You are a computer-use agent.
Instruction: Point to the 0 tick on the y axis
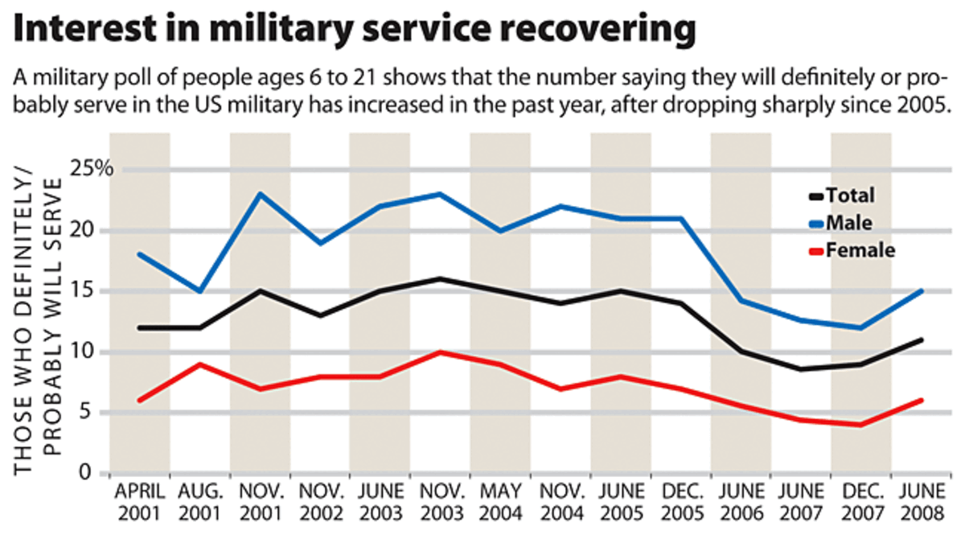coord(105,474)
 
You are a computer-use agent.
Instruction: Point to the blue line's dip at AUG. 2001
coord(200,291)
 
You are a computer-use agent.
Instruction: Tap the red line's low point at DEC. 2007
coord(861,425)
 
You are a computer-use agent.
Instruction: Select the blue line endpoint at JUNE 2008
coord(921,291)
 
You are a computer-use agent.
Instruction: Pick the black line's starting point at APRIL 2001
coord(141,327)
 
